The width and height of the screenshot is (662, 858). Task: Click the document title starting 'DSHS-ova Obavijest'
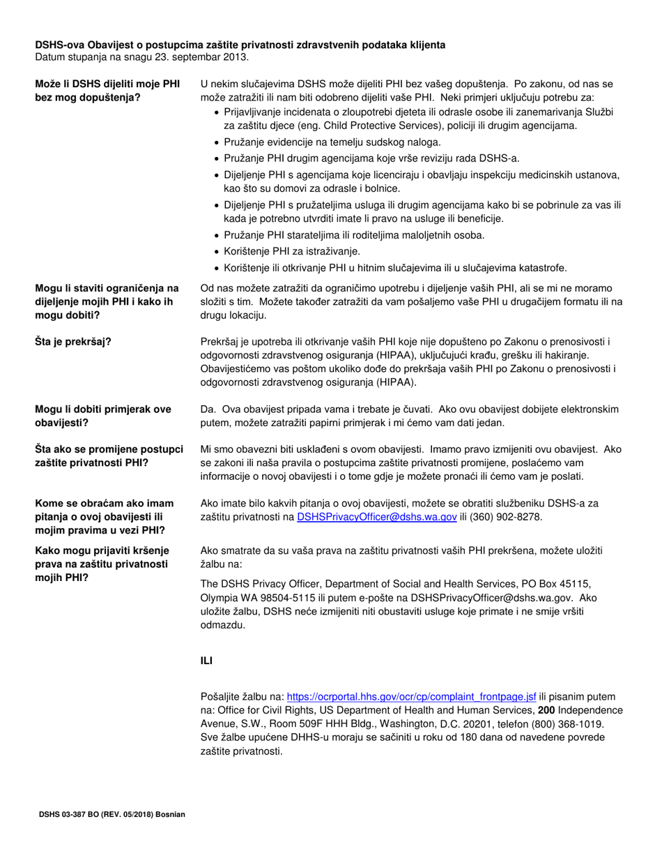(240, 45)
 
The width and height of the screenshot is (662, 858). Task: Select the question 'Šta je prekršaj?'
(73, 341)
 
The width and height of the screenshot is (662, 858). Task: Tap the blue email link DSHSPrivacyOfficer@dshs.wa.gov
(377, 517)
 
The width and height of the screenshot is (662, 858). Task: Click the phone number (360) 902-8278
(507, 517)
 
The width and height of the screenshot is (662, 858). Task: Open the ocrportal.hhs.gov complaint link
(412, 695)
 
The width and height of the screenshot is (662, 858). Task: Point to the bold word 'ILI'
(206, 661)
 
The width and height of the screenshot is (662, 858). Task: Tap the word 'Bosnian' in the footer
(171, 814)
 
